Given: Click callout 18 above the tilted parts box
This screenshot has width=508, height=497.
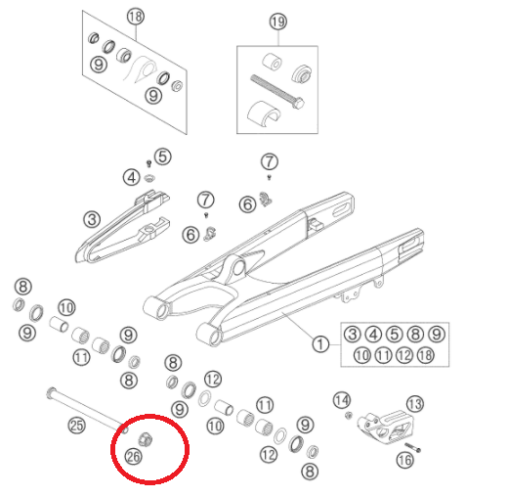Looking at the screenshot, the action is tap(136, 17).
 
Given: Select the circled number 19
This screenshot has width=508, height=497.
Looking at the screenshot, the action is tap(278, 22).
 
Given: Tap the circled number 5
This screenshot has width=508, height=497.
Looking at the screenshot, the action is tap(163, 157).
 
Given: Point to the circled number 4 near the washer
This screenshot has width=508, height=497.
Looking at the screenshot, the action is tap(132, 178).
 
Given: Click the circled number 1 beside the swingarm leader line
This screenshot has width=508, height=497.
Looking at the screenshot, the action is tap(320, 344).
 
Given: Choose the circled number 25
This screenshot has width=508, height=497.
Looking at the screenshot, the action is tap(77, 426).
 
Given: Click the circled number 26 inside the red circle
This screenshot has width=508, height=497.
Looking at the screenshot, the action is tap(134, 457).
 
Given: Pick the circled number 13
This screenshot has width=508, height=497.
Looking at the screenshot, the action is tap(415, 404).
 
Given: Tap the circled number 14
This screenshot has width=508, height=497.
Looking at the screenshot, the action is tap(342, 400).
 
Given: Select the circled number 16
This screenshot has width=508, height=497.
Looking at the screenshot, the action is tap(405, 460).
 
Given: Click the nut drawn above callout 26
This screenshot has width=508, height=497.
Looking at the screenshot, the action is tap(145, 439).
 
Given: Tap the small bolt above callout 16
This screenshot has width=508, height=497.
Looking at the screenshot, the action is tap(413, 447).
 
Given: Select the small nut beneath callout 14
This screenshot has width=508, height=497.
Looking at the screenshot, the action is tap(349, 416).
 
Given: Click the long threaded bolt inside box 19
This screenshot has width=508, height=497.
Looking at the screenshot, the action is tap(277, 92).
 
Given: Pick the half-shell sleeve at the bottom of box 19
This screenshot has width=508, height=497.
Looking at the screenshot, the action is tap(264, 113).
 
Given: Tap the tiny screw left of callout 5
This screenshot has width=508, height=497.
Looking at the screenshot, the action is tap(149, 163).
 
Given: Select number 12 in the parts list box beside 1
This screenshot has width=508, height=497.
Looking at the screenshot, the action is tap(404, 355).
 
